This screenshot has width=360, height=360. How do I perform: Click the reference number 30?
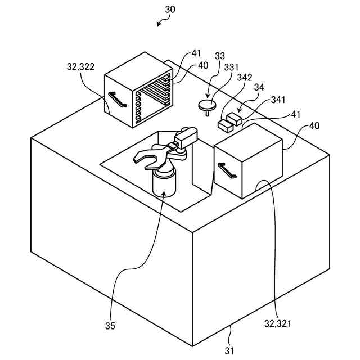[x=170, y=10]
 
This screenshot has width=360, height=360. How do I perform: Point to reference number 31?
[x=230, y=350]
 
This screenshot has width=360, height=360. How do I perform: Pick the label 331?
[x=232, y=66]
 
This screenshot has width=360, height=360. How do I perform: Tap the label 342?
[x=245, y=77]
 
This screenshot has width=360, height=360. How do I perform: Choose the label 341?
[x=278, y=100]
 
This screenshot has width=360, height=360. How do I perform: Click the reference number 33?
[x=220, y=56]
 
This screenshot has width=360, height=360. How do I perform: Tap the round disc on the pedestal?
[x=207, y=103]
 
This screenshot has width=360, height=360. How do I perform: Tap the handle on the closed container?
[x=227, y=170]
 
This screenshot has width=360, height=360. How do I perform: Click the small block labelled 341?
[x=234, y=118]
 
